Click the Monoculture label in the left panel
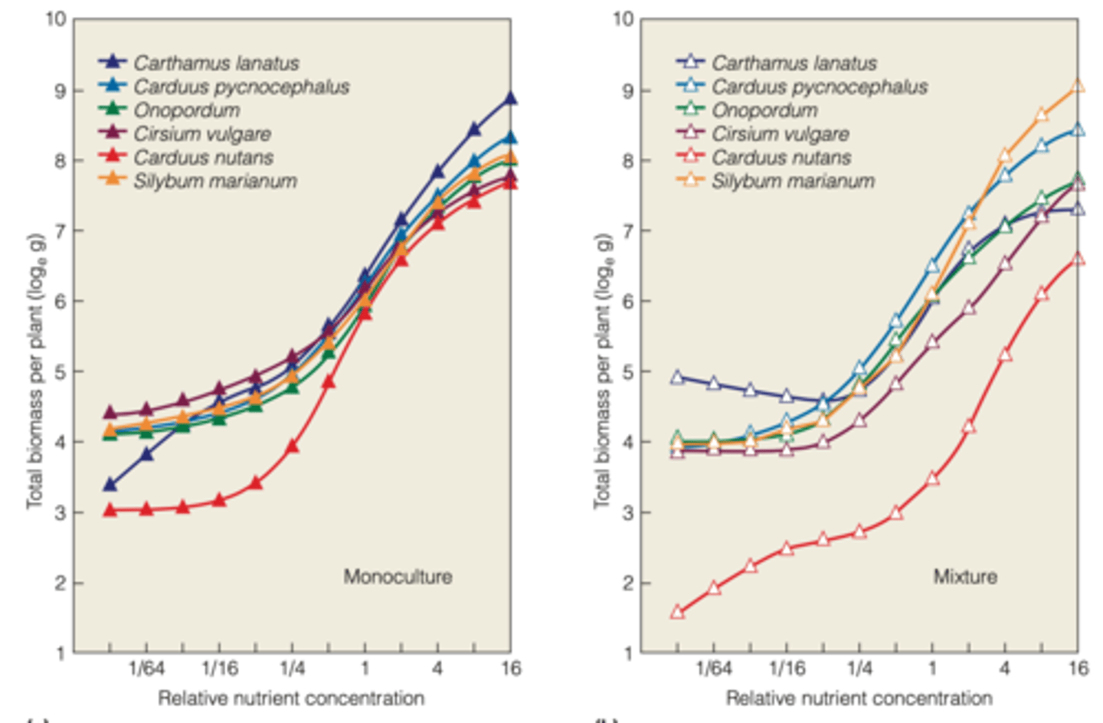[398, 577]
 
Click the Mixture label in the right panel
[965, 577]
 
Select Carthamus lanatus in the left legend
[216, 63]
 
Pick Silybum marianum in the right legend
[793, 182]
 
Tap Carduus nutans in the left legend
[203, 158]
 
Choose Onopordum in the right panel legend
[764, 110]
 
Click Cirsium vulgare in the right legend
[780, 134]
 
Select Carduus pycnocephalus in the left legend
[241, 87]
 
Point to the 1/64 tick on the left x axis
[146, 669]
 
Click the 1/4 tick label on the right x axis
[859, 669]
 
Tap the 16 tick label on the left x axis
[511, 669]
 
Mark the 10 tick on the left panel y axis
[56, 18]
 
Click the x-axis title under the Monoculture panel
[291, 698]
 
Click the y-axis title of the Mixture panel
[604, 371]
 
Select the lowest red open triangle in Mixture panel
[677, 612]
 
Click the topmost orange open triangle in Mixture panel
[1078, 86]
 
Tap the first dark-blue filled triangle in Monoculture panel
[110, 484]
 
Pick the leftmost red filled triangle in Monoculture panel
[110, 509]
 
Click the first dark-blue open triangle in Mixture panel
[677, 377]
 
